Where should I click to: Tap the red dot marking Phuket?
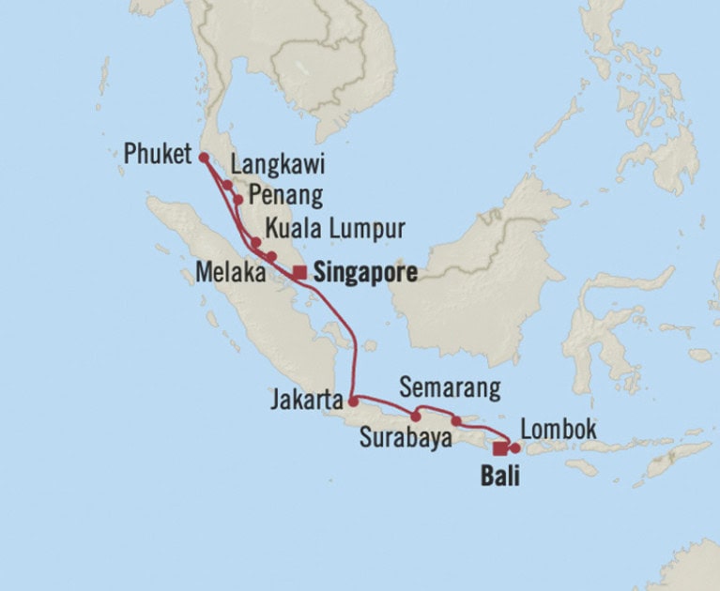coord(203,159)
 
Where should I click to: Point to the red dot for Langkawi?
coord(227,185)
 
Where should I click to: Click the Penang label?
coord(284,197)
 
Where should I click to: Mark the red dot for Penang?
coord(238,199)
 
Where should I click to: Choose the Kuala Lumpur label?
coord(334,229)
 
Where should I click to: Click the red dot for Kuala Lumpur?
coord(255,241)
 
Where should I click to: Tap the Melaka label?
coord(229,272)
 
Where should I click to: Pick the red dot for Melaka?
coord(271,256)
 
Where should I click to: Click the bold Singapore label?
coord(365,273)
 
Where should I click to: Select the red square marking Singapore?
coord(299,273)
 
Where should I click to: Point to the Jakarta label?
coord(305,402)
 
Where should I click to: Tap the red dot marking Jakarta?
coord(353,402)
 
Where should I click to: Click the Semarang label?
coord(450,387)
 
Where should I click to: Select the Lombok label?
coord(559,430)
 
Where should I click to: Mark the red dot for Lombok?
coord(514,447)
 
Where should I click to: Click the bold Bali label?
coord(499,476)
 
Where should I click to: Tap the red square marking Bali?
coord(500,447)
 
